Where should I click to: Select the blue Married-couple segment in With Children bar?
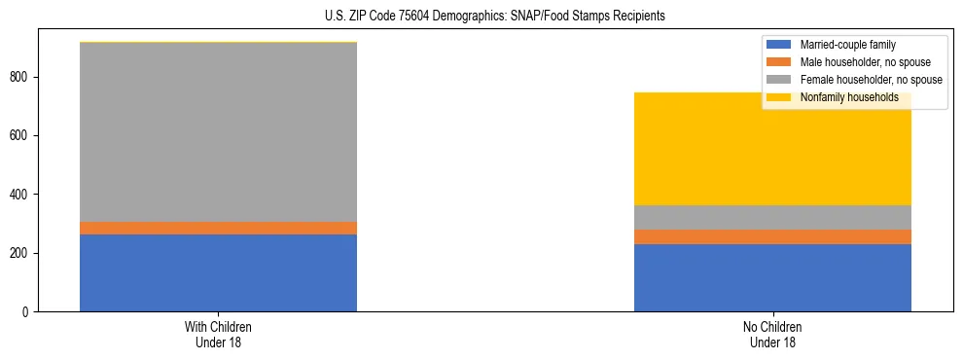[x=218, y=273]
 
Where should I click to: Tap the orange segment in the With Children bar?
[x=218, y=228]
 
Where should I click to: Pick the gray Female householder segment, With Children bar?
[x=218, y=132]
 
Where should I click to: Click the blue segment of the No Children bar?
[x=772, y=278]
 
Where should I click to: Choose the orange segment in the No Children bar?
[x=772, y=236]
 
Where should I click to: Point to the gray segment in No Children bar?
[x=772, y=217]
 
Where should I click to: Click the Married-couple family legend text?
[x=847, y=45]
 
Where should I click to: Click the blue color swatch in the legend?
[x=780, y=45]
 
